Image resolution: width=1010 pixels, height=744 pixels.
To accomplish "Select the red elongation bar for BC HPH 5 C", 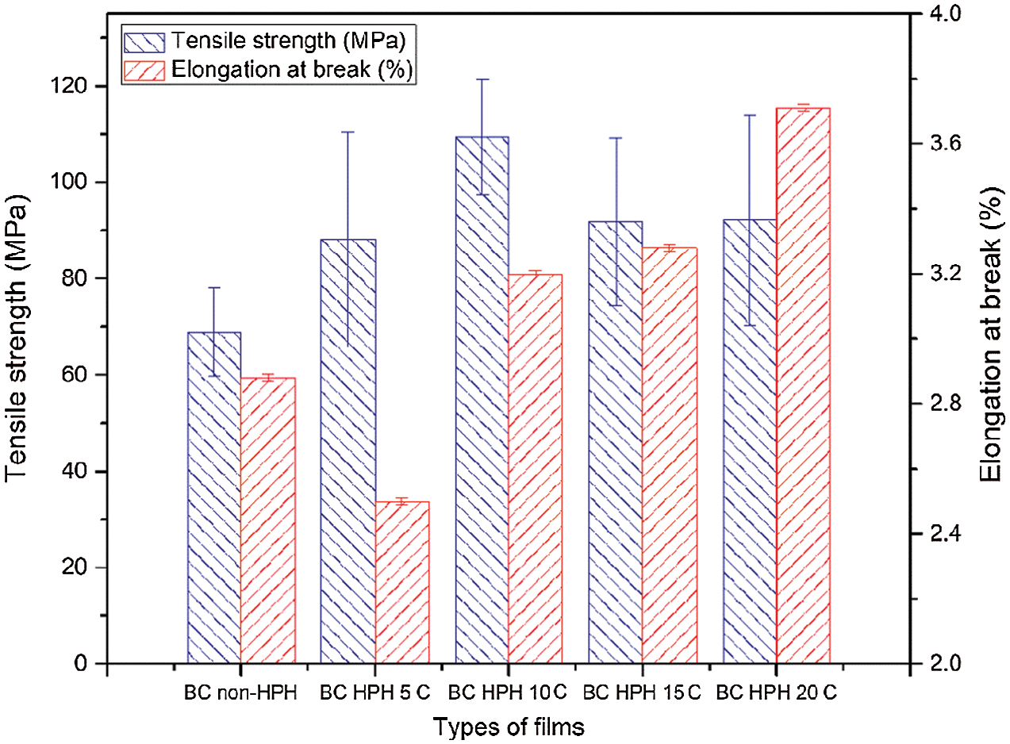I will [x=402, y=582].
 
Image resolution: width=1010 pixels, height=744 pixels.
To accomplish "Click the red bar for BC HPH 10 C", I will [x=536, y=469].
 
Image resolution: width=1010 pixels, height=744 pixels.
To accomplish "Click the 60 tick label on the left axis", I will [x=76, y=375].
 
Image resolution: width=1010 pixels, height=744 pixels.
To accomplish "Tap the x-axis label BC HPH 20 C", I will [x=777, y=692].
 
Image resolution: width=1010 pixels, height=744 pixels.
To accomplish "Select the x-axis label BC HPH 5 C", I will [x=374, y=692].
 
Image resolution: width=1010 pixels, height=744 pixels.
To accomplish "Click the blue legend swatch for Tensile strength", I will [x=145, y=40].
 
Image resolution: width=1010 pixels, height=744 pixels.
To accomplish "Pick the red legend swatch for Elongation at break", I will [x=145, y=70].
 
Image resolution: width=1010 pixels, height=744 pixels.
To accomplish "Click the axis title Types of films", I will [x=509, y=726].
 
